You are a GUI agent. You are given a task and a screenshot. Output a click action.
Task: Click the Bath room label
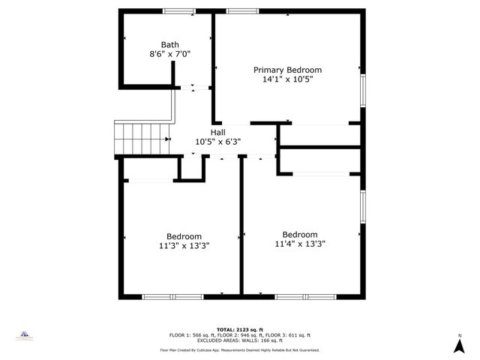point(169,44)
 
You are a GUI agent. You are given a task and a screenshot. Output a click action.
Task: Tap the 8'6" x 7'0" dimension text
point(169,54)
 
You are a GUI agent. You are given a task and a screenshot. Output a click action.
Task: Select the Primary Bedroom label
point(287,70)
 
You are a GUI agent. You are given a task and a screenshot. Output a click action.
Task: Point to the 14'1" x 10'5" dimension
point(287,79)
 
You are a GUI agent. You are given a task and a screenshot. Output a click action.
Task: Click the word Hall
point(218,132)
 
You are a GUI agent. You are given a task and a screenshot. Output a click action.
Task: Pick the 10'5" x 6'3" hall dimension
point(218,142)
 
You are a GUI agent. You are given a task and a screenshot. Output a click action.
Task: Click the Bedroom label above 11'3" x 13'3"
point(184,235)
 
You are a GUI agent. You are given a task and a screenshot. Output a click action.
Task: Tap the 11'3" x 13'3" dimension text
point(184,245)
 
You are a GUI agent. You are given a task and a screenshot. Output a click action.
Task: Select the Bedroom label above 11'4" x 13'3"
point(300,234)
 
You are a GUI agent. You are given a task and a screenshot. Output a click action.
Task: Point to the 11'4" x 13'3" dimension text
point(300,244)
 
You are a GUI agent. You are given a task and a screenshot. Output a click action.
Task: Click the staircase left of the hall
point(140,138)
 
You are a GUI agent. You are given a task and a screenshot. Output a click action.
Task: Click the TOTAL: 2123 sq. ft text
point(239,329)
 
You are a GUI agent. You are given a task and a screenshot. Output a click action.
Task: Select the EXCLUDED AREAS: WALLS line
point(239,340)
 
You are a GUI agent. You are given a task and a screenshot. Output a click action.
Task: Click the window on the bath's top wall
point(177,11)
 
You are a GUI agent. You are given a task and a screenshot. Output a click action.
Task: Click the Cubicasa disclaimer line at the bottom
point(239,350)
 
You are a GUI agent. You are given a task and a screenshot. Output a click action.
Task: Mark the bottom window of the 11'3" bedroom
point(172,297)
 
